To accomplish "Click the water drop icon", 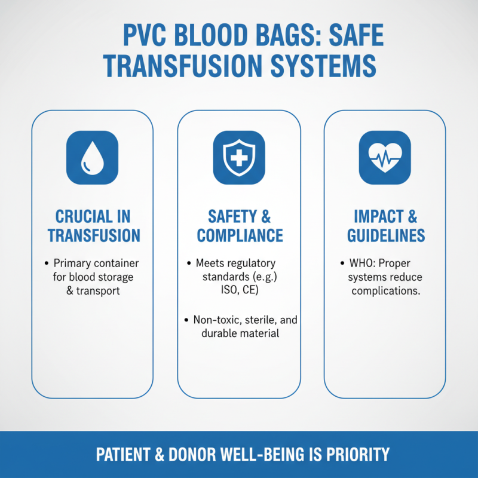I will coord(92,158).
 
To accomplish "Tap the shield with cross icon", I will coord(239,158).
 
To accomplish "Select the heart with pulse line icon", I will coord(385,158).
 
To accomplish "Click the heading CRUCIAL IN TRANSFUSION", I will coord(93,225).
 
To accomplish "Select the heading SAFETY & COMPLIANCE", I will coord(239,225).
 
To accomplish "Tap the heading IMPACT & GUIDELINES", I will coord(386,225).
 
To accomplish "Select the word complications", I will coord(385,291).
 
